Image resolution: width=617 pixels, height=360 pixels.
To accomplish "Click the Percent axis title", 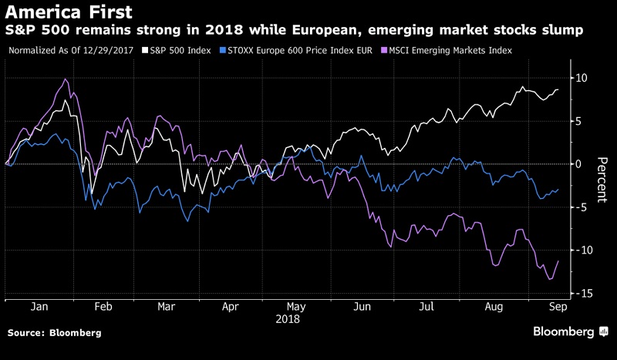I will click(602, 180).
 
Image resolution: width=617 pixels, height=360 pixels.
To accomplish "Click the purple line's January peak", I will click(66, 79).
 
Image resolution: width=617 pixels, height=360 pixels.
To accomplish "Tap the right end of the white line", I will click(558, 89).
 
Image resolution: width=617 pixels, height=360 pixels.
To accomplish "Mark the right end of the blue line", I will click(558, 189).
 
